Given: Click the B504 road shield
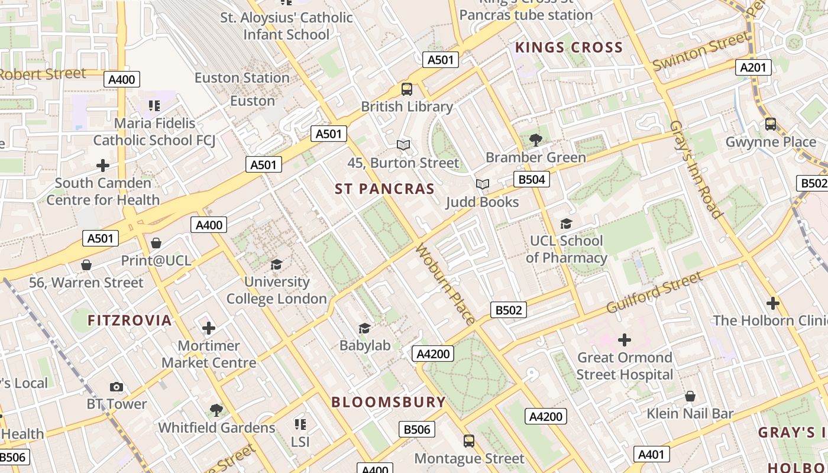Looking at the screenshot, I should [531, 180].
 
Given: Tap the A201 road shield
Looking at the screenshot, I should [753, 67].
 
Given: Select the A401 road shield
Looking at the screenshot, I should [652, 454].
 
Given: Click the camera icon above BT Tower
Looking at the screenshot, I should [117, 387].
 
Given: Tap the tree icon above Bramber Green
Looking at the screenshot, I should [536, 140].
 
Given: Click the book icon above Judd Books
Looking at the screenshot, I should [483, 184].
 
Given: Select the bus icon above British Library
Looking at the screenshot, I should [407, 89].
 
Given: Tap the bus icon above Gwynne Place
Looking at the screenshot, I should [770, 124].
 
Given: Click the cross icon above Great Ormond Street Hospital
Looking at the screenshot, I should [625, 340].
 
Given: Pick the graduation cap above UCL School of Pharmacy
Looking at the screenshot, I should [566, 223].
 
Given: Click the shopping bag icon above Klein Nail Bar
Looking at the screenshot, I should [690, 396].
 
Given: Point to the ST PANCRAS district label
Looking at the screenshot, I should [384, 189].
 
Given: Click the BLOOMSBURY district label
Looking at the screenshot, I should [389, 402].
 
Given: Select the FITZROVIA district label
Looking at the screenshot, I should [130, 320].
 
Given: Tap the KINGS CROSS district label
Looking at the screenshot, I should [569, 47].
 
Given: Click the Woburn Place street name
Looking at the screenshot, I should [445, 284].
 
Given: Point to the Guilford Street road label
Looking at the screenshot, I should [655, 293].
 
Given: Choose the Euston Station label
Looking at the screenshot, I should [242, 77].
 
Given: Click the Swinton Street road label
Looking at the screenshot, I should [700, 52].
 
